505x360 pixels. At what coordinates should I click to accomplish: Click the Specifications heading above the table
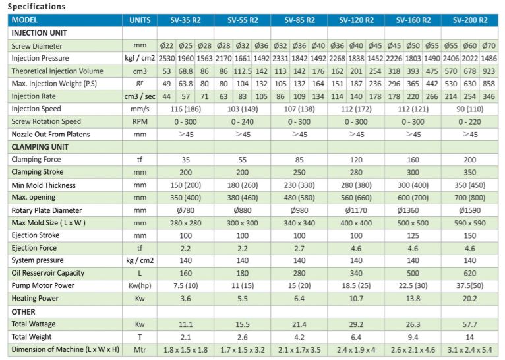coord(37,7)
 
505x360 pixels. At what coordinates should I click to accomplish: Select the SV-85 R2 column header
coord(299,20)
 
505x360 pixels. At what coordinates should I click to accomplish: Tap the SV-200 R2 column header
coord(470,20)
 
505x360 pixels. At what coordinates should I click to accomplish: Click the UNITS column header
coord(139,20)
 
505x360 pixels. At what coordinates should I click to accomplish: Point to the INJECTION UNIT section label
coord(39,33)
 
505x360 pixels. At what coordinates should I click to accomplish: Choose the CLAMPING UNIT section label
coord(40,147)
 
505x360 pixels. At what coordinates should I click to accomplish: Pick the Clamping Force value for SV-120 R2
coord(356,160)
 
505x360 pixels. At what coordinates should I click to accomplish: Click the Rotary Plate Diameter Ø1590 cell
coord(470,210)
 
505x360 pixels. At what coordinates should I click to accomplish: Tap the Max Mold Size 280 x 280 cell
coord(185,223)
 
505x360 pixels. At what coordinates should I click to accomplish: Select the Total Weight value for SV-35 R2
coord(185,336)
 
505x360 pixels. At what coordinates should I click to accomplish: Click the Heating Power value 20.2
coord(470,299)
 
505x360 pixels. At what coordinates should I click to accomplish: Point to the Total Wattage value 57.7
coord(470,324)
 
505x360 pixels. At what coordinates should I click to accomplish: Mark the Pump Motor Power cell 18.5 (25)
coord(356,286)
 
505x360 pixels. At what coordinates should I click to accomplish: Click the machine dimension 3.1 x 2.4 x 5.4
coord(470,349)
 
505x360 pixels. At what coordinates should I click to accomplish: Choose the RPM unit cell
coord(139,122)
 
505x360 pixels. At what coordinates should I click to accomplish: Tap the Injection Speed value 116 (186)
coord(185,109)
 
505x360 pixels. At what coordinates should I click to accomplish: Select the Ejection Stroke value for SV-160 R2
coord(413,235)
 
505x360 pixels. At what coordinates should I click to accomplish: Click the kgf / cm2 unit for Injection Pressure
coord(139,59)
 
